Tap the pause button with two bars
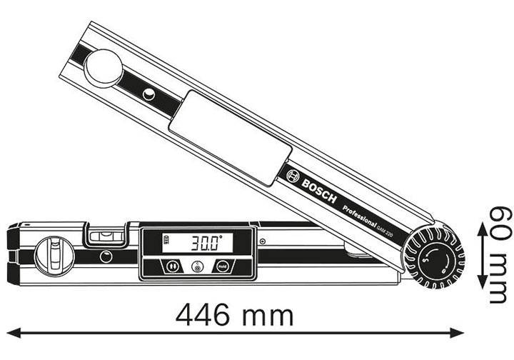tap(172, 266)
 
